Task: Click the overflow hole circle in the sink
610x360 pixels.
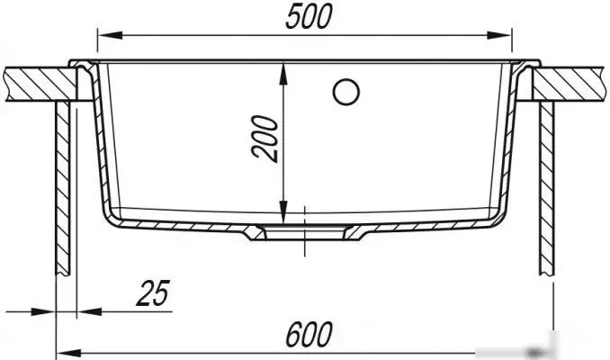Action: click(345, 91)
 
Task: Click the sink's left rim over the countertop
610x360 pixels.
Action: click(81, 64)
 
